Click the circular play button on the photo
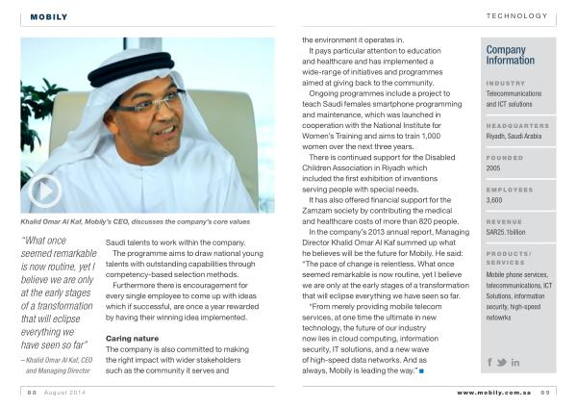(44, 191)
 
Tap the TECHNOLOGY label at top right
(516, 16)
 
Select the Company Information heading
(511, 55)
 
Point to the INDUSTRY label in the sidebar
(506, 83)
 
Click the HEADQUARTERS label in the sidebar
(517, 126)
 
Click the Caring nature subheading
(132, 339)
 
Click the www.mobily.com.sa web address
(494, 393)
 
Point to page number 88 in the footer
(32, 393)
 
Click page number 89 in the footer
(544, 393)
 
